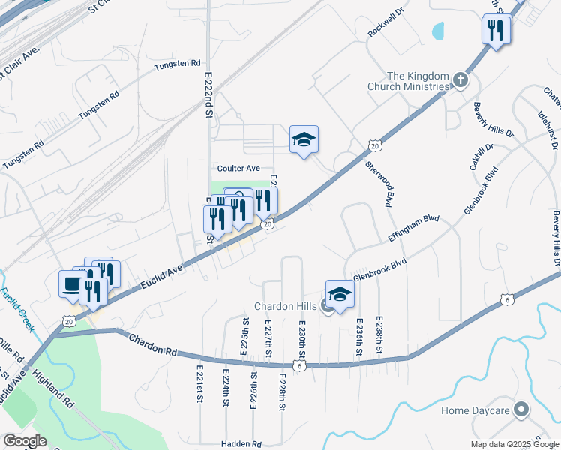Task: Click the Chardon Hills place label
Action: pos(286,306)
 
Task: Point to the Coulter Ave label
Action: pos(238,169)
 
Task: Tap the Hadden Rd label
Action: pos(241,444)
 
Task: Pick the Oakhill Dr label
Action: pos(481,157)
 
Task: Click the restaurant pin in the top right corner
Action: pos(496,30)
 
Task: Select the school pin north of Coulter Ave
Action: pos(304,139)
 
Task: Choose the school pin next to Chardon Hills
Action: pos(340,295)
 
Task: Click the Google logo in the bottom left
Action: pos(24,441)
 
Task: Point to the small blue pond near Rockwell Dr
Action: pos(437,31)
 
